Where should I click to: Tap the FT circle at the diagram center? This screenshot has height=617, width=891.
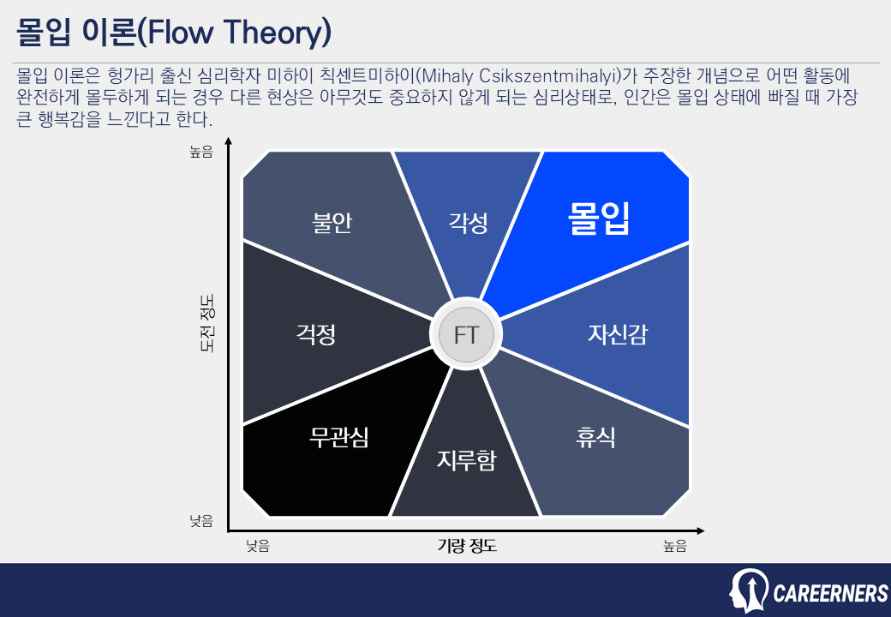pos(466,334)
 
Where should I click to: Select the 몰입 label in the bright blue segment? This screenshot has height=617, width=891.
pos(600,219)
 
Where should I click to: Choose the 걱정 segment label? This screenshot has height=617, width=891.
pos(315,333)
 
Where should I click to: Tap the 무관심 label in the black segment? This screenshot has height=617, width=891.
pos(338,438)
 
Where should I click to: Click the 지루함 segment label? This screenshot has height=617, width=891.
pos(466,461)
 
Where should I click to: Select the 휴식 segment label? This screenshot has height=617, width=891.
pos(595,438)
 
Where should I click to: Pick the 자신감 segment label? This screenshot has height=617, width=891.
pos(617,333)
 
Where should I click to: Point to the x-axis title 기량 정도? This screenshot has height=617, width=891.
pos(467,546)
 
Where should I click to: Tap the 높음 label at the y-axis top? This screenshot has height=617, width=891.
pos(200,153)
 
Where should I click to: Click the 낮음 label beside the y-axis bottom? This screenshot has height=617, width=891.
pos(200,520)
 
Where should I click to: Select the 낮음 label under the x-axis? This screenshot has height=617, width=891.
pos(258,546)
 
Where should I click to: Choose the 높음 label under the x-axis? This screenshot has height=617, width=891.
pos(674,546)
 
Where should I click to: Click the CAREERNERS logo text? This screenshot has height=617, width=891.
pos(830,593)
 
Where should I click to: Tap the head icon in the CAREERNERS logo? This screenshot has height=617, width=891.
pos(749,590)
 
